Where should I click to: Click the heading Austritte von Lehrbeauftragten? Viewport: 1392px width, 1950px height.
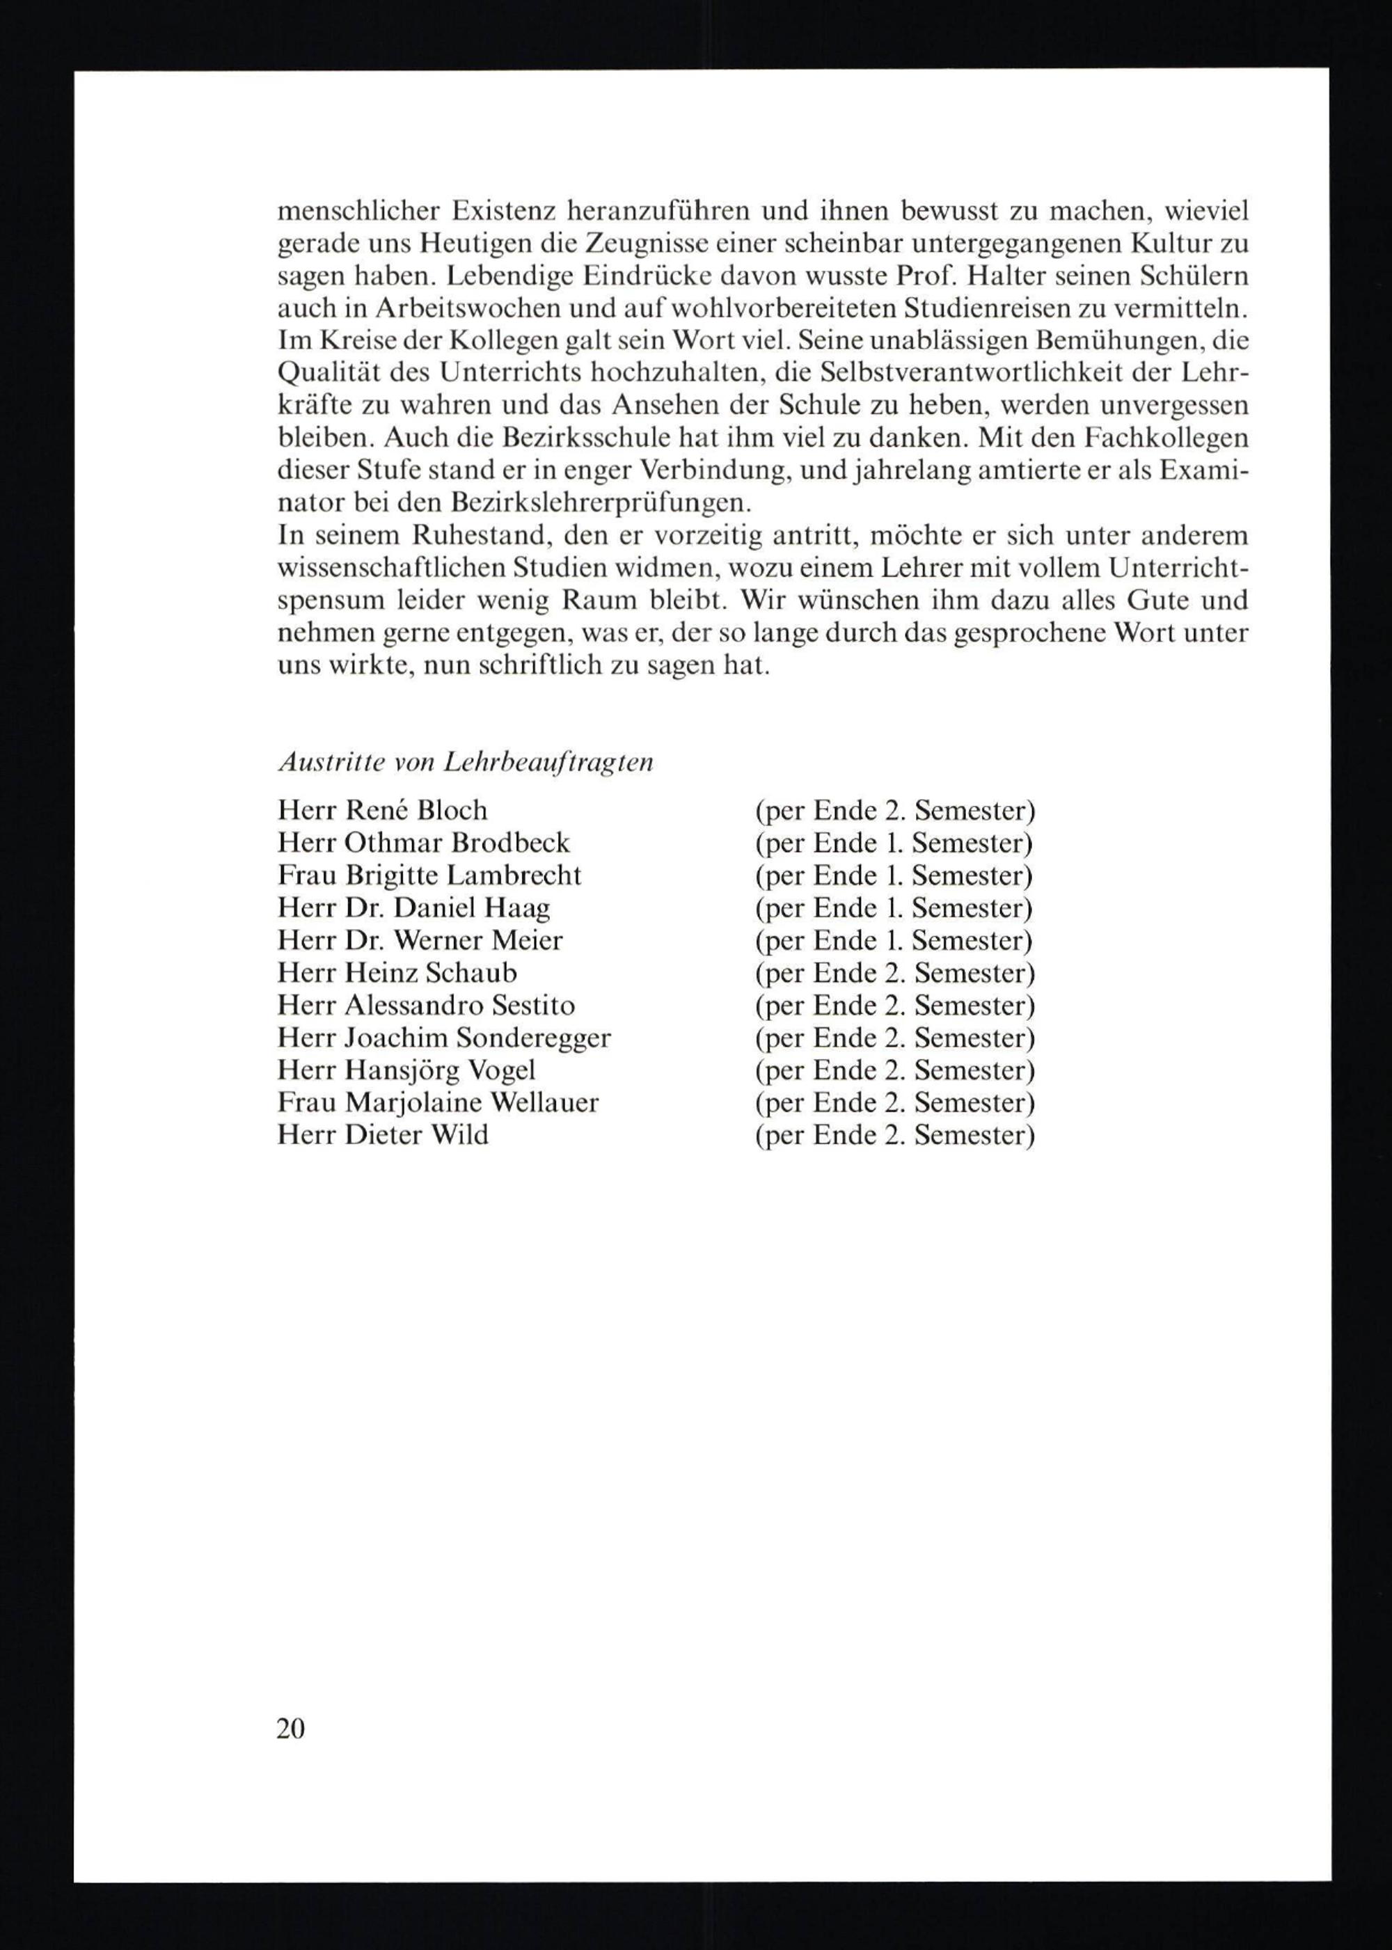click(466, 762)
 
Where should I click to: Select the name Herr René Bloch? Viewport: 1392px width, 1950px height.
click(382, 810)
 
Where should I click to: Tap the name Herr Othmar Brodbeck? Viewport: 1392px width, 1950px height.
click(423, 843)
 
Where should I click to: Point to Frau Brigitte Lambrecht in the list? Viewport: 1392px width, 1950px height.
click(429, 875)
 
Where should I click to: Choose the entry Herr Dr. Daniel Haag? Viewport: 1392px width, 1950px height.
click(413, 907)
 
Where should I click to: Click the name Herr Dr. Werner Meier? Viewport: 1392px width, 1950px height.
click(420, 940)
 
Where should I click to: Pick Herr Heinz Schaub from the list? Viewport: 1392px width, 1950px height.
click(397, 973)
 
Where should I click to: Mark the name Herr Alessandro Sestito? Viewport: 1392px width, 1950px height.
click(426, 1006)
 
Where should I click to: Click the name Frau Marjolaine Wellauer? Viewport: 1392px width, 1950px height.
click(438, 1102)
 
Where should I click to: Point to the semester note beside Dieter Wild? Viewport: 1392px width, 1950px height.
click(894, 1135)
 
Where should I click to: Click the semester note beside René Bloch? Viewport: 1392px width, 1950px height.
click(894, 810)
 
